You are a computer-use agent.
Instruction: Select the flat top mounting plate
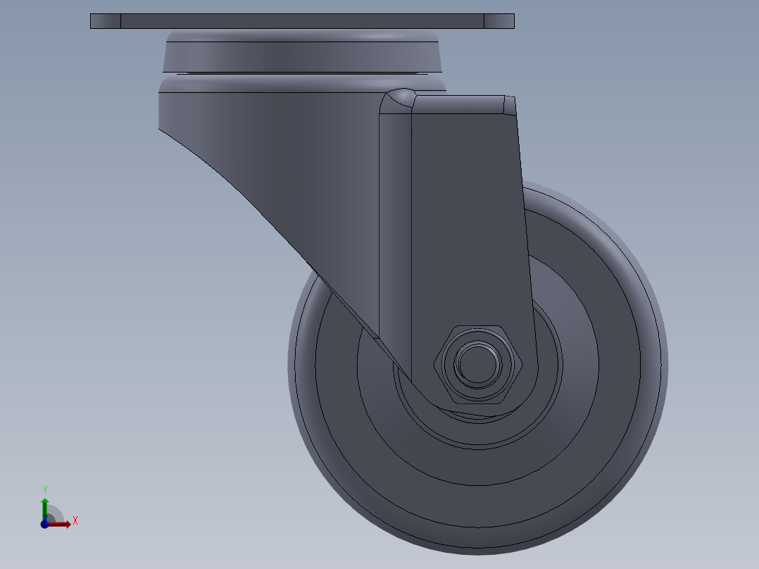tap(303, 21)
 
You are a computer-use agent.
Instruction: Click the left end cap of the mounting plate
tap(106, 21)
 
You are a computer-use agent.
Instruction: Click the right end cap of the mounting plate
tap(499, 21)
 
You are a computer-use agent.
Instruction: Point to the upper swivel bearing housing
tap(303, 53)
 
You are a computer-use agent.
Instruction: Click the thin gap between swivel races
tap(303, 73)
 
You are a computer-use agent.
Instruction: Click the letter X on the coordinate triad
tap(75, 521)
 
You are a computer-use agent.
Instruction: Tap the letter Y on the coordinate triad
tap(44, 489)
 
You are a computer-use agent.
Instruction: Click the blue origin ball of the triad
tap(44, 524)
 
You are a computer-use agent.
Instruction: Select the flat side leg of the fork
tap(468, 225)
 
